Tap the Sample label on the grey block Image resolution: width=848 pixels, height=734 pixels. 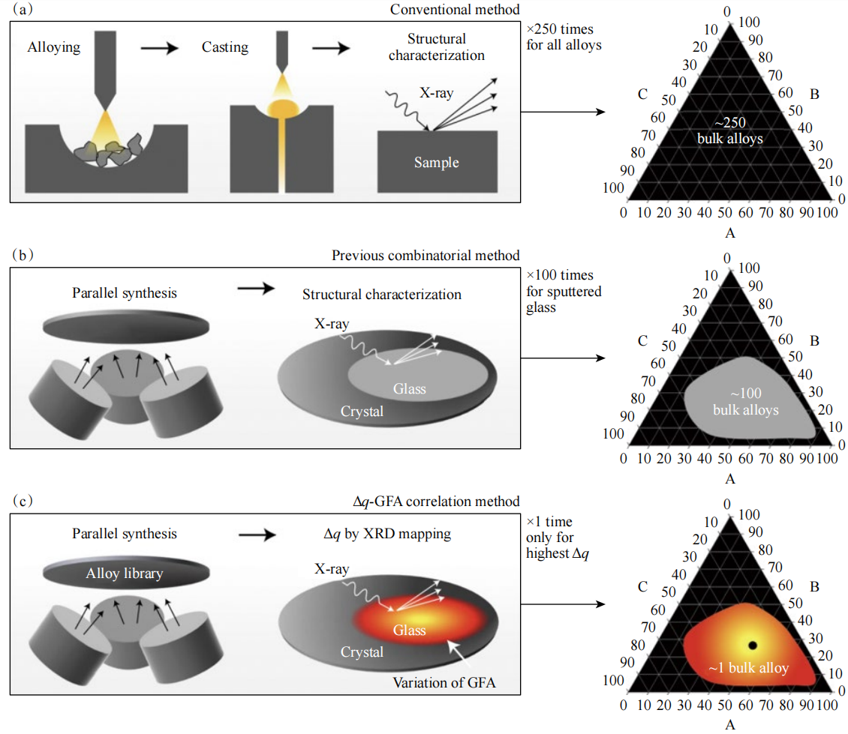click(437, 163)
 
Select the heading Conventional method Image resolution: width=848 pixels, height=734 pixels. click(455, 10)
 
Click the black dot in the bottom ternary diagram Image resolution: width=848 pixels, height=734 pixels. click(753, 645)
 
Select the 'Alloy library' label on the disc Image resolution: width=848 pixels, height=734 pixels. click(125, 574)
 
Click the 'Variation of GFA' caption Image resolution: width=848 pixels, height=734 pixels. click(443, 682)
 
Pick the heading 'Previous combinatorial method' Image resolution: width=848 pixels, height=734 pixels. click(425, 256)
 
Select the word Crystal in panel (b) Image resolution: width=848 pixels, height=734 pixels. click(362, 411)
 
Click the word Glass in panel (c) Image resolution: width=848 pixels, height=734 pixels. click(410, 631)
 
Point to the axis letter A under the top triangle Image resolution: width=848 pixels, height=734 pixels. click(729, 233)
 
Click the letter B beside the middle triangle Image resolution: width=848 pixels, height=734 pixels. click(816, 340)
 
